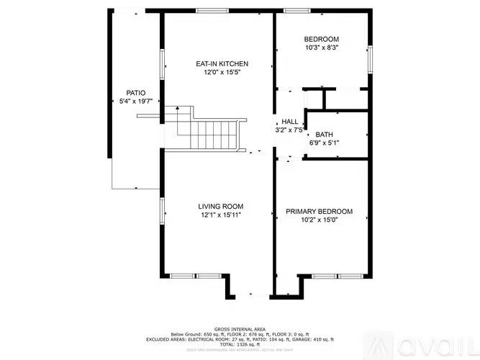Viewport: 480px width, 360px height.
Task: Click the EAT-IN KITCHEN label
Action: coord(217,64)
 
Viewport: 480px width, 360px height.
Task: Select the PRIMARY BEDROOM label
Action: coord(319,211)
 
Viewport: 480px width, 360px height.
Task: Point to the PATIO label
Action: coord(135,93)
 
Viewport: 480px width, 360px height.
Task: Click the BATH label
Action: coord(324,135)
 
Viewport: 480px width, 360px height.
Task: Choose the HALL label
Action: coord(289,122)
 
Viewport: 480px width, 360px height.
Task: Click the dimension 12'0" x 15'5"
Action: coord(217,73)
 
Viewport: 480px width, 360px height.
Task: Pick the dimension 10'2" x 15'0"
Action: coord(319,220)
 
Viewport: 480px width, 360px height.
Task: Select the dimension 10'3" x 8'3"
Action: coord(321,48)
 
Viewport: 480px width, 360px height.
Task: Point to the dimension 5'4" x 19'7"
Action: coord(135,102)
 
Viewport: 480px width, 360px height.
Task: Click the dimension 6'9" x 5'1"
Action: coord(324,143)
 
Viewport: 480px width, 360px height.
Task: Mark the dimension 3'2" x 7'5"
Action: coord(289,130)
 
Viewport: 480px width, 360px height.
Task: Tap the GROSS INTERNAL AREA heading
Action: coord(239,328)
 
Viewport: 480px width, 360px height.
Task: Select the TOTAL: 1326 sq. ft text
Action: coord(239,344)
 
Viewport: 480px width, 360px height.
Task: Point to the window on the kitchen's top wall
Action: coord(208,10)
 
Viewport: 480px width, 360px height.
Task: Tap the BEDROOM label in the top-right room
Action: coord(321,39)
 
